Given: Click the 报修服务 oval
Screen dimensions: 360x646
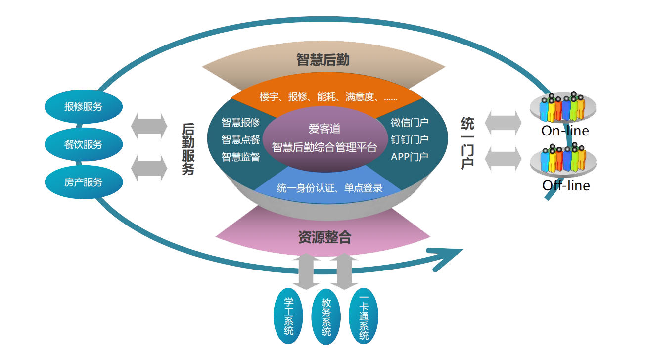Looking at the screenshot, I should point(83,107).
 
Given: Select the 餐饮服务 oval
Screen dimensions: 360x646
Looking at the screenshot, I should point(83,145).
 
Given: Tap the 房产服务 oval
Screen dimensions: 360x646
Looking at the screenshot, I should point(83,182).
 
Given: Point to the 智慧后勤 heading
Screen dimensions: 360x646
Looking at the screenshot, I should point(323,60).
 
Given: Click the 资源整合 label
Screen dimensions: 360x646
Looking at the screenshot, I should point(324,237).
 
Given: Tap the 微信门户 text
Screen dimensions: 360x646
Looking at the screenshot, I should point(410,122).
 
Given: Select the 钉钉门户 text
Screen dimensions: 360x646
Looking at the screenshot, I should point(410,139).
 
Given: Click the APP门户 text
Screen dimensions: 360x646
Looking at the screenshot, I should point(410,157).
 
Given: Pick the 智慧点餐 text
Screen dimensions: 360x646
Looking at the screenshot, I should point(240,140).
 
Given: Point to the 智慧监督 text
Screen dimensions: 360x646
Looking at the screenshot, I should point(240,157).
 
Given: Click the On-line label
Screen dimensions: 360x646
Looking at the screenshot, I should point(565,131).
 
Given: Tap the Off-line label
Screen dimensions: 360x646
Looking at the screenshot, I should point(566,185).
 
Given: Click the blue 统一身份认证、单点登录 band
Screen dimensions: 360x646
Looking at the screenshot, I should point(330,188).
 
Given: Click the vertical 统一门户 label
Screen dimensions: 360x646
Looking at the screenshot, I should point(467,143).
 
